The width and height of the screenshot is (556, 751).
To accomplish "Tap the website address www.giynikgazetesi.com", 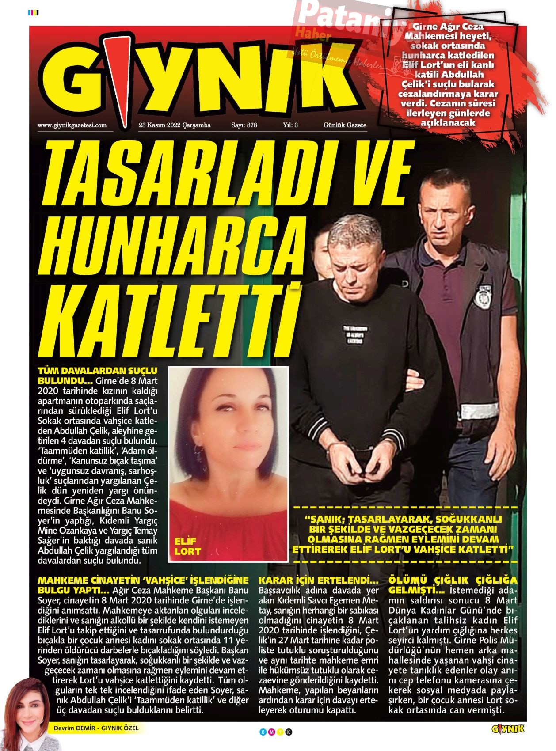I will click(72, 125).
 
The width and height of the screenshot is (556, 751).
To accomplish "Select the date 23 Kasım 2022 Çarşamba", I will click(175, 125).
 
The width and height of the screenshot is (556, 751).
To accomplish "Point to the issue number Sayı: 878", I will click(244, 125).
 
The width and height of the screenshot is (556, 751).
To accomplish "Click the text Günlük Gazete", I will click(345, 125).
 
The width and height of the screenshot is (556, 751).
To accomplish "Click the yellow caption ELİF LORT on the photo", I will click(187, 546).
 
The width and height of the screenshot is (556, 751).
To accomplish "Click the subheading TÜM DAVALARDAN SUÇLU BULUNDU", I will click(97, 375).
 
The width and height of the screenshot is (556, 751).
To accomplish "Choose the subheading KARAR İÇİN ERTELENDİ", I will click(318, 580).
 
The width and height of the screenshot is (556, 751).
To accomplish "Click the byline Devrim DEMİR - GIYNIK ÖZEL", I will click(96, 728).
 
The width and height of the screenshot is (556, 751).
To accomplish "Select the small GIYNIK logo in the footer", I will click(508, 729).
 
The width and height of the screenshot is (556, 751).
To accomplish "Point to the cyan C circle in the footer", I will click(263, 732).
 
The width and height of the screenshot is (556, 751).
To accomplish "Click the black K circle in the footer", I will click(289, 732).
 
